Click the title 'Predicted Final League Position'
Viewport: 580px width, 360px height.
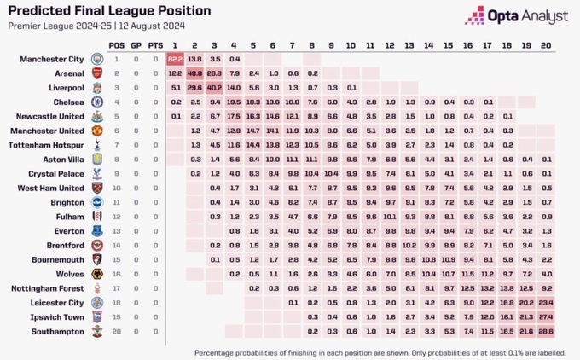[109, 11]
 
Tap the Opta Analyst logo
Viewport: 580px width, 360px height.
[518, 15]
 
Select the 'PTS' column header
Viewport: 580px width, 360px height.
[154, 44]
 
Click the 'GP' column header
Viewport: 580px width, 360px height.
[135, 44]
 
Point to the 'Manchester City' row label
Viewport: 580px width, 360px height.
[52, 59]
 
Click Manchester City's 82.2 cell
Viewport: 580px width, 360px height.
[175, 59]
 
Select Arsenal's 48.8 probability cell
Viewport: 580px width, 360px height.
[194, 73]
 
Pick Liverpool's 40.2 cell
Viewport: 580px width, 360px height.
[214, 88]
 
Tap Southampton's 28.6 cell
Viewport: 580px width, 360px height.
[546, 330]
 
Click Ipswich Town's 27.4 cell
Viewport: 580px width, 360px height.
[546, 316]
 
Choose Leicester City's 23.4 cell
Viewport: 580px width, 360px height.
[546, 301]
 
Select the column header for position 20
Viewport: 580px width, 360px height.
[546, 44]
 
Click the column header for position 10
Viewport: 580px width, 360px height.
[351, 44]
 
